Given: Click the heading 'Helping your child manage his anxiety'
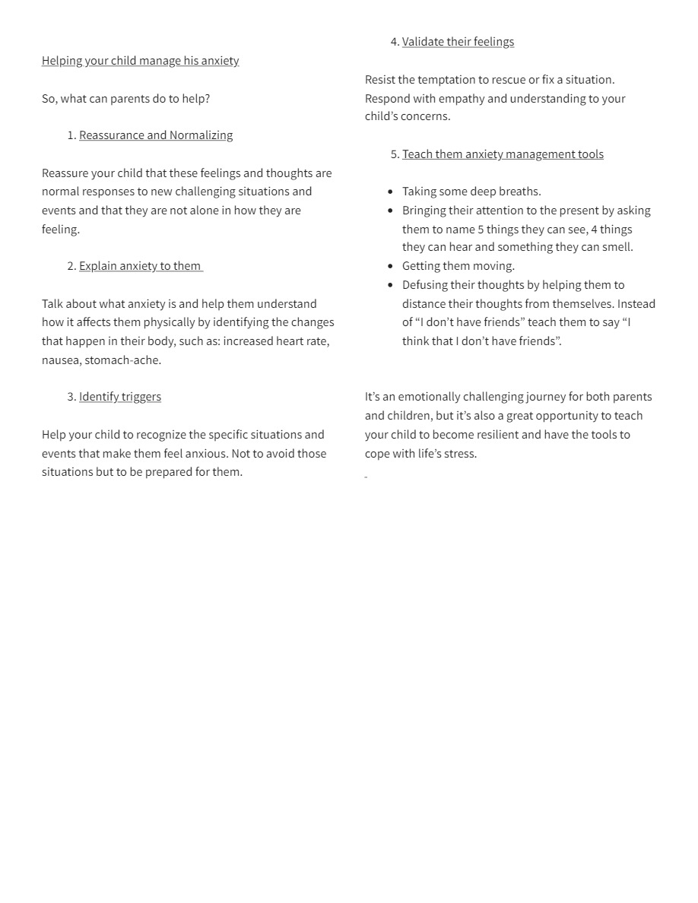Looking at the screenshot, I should (x=140, y=61).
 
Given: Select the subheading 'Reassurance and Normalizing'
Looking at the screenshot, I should (x=156, y=135).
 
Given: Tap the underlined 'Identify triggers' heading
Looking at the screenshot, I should (x=120, y=397).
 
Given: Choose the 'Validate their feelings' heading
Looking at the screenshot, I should (x=458, y=42).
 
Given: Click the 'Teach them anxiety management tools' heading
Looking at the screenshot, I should (x=503, y=154).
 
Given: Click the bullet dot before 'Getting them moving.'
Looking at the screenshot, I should (x=391, y=266).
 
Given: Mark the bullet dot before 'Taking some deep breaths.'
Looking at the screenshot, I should (x=391, y=192).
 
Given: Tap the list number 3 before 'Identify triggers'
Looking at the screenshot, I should (x=71, y=397).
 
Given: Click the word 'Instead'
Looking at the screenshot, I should (x=636, y=304).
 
